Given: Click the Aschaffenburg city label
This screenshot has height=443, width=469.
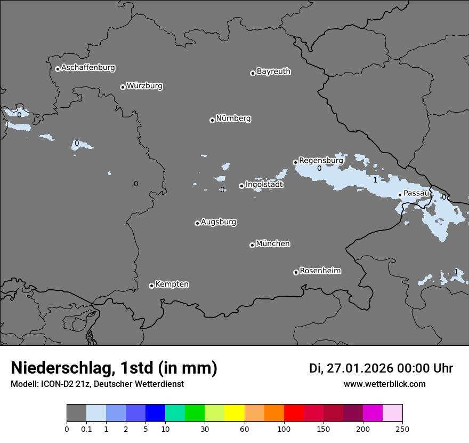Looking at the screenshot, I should coord(88,68).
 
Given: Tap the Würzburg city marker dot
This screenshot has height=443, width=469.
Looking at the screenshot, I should coord(123,87).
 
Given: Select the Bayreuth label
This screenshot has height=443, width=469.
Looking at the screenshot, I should coord(273,72).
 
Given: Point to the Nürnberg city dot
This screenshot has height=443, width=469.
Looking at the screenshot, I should coord(212,120).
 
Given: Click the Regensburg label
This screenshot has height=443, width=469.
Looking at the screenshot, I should coord(321,160).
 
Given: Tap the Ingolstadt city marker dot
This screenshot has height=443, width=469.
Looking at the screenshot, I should coord(241,186).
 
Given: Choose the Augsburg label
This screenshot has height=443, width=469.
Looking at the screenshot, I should coord(219,222).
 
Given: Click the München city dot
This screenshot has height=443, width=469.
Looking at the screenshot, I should coord(252,245).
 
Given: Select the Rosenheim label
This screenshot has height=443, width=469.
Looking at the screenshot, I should coord(320,271).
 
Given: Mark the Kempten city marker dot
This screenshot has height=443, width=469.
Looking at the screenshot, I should coord(151,286).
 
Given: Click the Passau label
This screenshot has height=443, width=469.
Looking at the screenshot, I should coord(416,193).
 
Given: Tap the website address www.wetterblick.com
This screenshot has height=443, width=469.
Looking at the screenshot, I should coord(384,384).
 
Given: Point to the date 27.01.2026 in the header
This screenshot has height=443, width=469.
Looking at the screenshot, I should coord(359,368).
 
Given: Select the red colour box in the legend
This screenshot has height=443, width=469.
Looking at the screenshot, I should coord(294,413).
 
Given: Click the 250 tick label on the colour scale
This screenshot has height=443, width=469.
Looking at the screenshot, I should coord(402,429).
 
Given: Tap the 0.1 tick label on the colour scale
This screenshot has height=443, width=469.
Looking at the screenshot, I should coord(86,429).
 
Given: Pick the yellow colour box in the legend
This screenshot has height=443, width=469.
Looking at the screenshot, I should coord(234,413).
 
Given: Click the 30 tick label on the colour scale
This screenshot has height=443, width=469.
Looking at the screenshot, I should coord(205,429).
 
